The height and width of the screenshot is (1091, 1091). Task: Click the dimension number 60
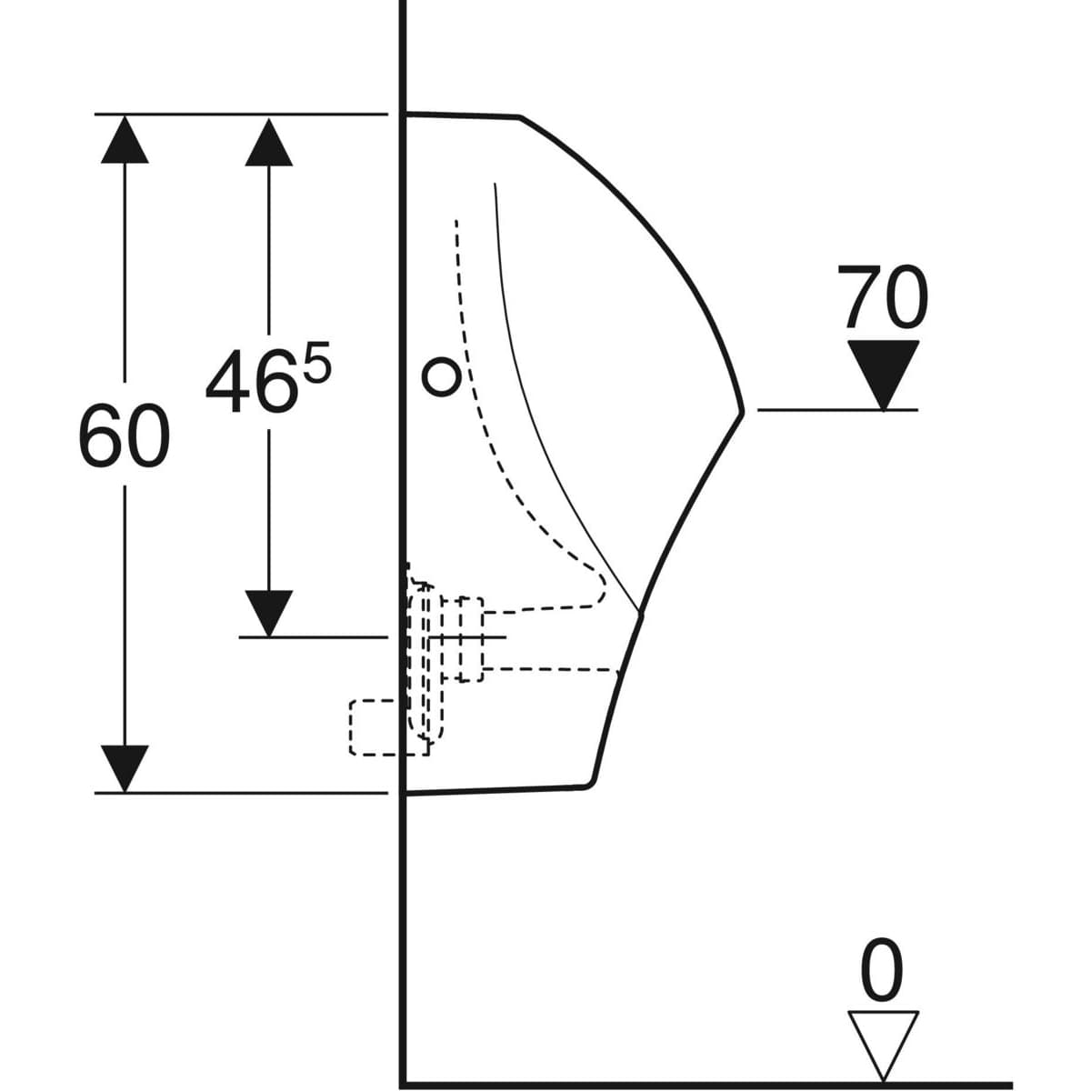coord(124,436)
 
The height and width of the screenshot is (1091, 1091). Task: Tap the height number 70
coord(883,296)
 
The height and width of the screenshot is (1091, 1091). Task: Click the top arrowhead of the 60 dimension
coord(125,139)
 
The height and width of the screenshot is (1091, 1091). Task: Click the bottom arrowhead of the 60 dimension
coord(125,769)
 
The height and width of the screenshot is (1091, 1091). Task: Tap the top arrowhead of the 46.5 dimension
coord(269,142)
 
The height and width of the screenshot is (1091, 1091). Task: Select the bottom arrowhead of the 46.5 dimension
coord(269,614)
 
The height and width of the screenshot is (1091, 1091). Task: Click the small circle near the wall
coord(442,376)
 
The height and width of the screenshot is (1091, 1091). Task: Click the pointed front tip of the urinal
coord(742,412)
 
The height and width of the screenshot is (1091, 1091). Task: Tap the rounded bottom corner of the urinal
coord(591,783)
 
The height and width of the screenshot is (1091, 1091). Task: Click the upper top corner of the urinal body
coord(520,118)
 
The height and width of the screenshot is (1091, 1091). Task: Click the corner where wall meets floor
coord(403,1083)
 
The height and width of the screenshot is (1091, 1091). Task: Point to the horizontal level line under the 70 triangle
coord(837,409)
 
